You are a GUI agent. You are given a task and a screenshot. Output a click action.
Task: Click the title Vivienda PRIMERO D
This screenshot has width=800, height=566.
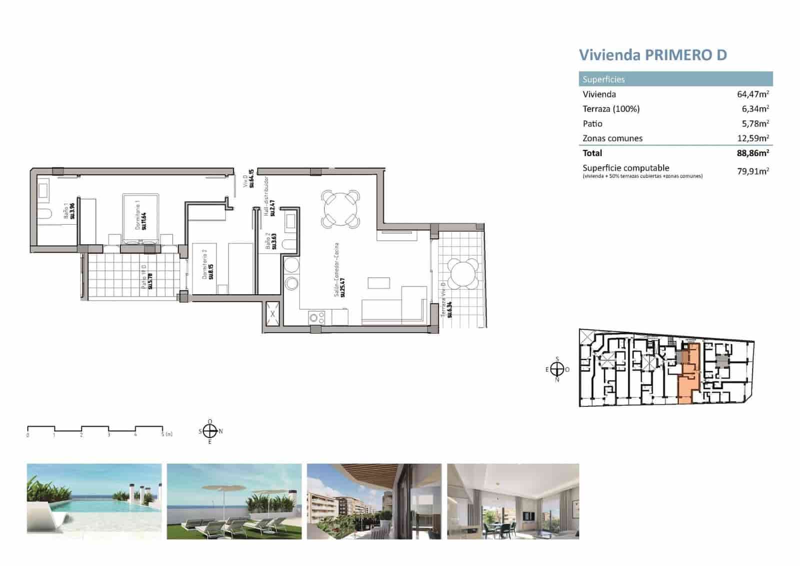652,55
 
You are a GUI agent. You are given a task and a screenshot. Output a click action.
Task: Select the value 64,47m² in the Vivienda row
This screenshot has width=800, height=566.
752,94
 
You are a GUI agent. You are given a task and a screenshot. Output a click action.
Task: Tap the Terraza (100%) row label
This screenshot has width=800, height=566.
611,109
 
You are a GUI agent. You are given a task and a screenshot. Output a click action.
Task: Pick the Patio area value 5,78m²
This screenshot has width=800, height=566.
755,123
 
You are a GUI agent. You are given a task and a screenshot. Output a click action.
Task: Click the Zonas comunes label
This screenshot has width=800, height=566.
612,138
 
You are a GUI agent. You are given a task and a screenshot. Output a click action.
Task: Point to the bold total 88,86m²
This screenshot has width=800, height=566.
752,153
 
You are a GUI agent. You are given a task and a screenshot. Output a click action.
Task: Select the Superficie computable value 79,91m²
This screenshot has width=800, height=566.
752,171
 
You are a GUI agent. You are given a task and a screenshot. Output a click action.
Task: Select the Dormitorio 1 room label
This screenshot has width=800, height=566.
141,215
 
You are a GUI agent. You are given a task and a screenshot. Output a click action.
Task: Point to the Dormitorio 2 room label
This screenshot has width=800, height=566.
208,266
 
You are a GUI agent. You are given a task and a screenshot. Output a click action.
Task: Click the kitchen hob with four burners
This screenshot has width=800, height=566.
316,317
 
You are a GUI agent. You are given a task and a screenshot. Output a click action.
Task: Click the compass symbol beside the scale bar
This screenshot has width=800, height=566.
210,431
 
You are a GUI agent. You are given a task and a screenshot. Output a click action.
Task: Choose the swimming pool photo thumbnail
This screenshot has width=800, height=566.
94,501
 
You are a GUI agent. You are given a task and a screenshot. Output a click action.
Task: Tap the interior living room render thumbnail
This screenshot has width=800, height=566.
513,501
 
